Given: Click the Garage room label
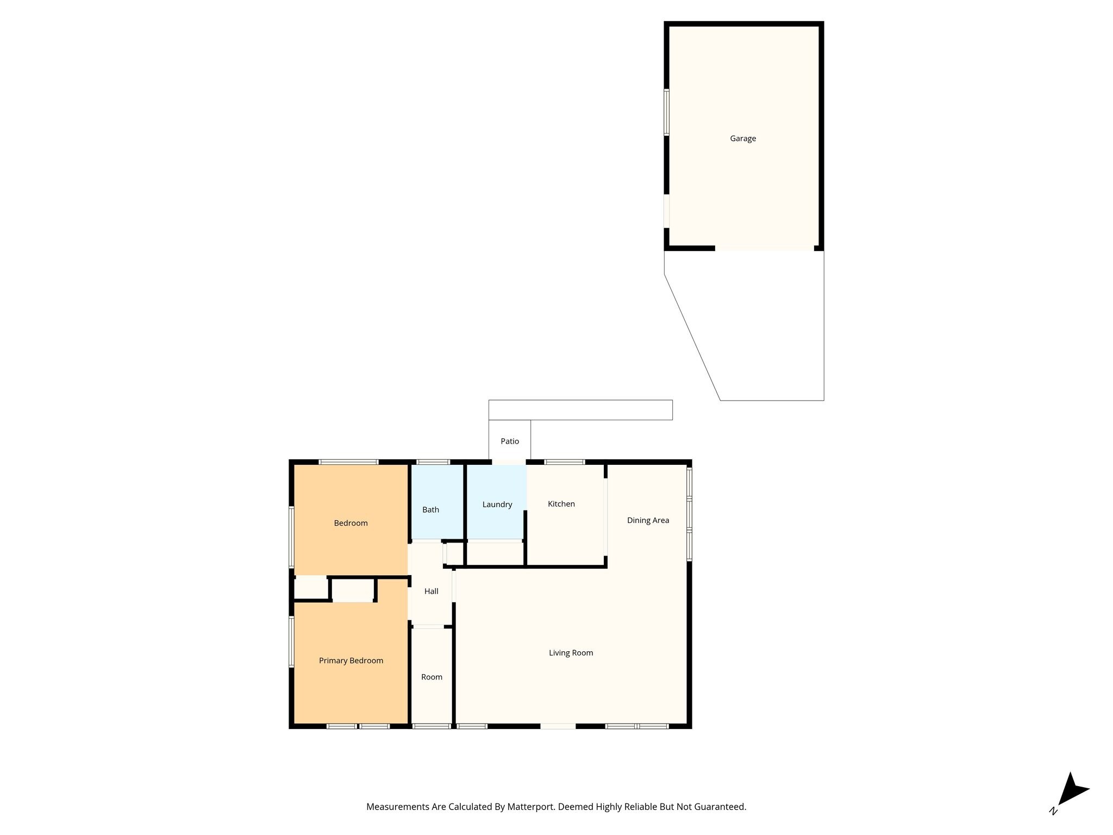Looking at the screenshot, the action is coord(743,139).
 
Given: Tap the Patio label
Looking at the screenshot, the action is coord(510,441).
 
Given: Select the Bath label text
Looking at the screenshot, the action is coord(430,510).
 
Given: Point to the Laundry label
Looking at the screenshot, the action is coord(497,504).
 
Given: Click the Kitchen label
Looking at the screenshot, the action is coord(561,504).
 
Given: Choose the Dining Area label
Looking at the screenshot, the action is coord(648,520).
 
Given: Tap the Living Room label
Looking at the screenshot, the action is coord(571,653).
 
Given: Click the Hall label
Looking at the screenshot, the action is coord(432,591).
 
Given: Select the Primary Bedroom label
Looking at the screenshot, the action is coord(351,660).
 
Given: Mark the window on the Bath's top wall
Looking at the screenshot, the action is coord(433,462).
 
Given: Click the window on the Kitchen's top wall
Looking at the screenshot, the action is coord(565,462).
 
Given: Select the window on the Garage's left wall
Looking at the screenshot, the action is coord(666,112).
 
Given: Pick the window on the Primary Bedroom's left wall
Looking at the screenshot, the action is coord(291,641).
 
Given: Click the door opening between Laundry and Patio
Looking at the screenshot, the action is coord(509,462).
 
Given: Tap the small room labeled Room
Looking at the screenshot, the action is coord(432,676).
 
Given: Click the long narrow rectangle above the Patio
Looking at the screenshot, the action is coord(580,410).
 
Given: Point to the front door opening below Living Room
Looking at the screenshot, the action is coord(558,726).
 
